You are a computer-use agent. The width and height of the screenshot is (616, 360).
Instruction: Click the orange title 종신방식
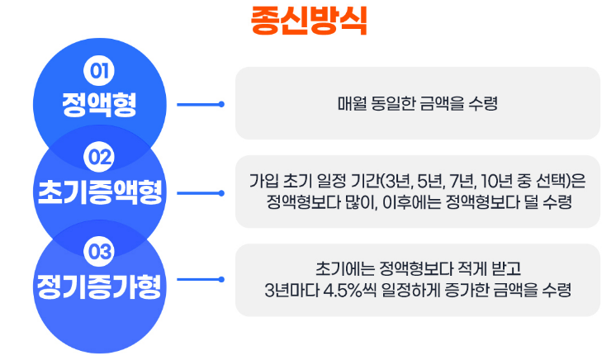308,20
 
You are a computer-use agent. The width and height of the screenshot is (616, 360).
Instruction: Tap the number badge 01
99,71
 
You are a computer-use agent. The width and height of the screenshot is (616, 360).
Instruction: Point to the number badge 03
99,249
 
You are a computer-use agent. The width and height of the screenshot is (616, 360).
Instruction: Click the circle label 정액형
99,104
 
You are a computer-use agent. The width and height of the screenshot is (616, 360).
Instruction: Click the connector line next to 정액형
201,104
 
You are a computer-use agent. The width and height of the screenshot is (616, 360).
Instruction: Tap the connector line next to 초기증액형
201,193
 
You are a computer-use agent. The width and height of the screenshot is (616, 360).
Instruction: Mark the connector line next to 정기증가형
201,279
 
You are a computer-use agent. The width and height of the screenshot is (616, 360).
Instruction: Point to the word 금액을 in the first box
447,104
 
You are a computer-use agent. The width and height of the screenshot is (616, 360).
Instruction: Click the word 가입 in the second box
263,180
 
